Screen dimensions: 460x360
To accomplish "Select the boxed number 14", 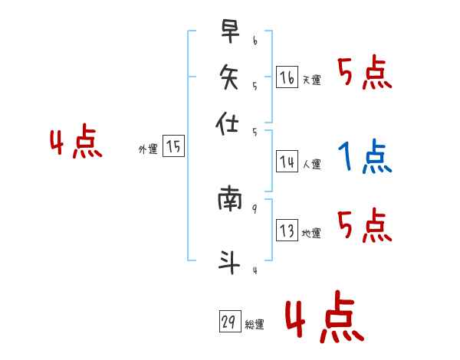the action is [287, 162].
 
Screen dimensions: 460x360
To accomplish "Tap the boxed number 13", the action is [287, 231].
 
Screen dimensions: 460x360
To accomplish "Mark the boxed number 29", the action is [228, 322].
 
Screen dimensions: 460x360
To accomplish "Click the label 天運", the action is [311, 80].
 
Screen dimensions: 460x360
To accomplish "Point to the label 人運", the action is [311, 164].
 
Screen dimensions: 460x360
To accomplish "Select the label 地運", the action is [311, 234].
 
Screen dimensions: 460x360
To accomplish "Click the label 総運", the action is [254, 325].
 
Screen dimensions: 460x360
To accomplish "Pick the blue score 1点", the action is [364, 157].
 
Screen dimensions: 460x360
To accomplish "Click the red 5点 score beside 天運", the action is [364, 74].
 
